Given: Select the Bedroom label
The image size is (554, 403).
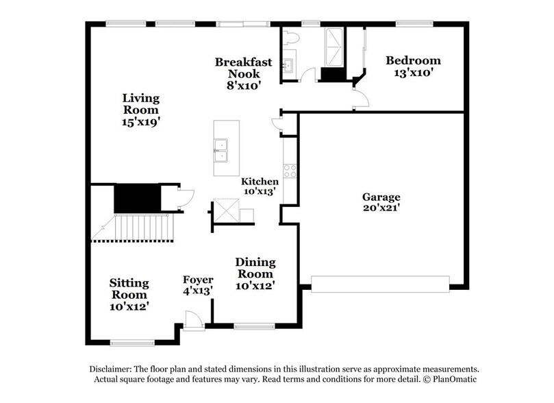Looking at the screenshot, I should [x=412, y=66].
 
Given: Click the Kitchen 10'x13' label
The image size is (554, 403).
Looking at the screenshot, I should [x=260, y=187].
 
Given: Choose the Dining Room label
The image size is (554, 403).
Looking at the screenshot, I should [x=255, y=273].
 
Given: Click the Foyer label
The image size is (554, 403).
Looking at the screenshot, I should [x=198, y=285].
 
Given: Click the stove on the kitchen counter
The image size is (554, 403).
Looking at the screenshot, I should [x=290, y=171].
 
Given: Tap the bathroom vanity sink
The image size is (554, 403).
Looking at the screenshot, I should [x=288, y=65].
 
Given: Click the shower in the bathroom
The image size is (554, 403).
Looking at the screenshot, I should [x=333, y=45].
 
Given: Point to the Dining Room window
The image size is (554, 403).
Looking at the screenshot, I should [x=254, y=326].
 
